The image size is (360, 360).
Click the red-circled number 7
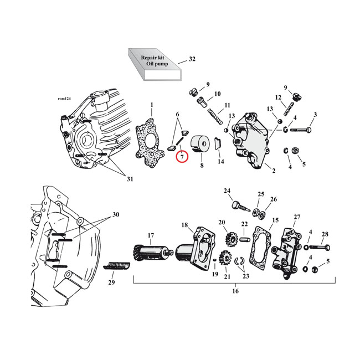pos(182,157)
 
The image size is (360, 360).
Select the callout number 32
pos(192,59)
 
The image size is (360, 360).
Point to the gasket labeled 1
pos(150,142)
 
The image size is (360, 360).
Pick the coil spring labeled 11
pos(215,117)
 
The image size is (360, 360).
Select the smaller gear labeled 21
pos(225,258)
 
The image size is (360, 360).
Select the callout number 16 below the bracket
pos(235,291)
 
